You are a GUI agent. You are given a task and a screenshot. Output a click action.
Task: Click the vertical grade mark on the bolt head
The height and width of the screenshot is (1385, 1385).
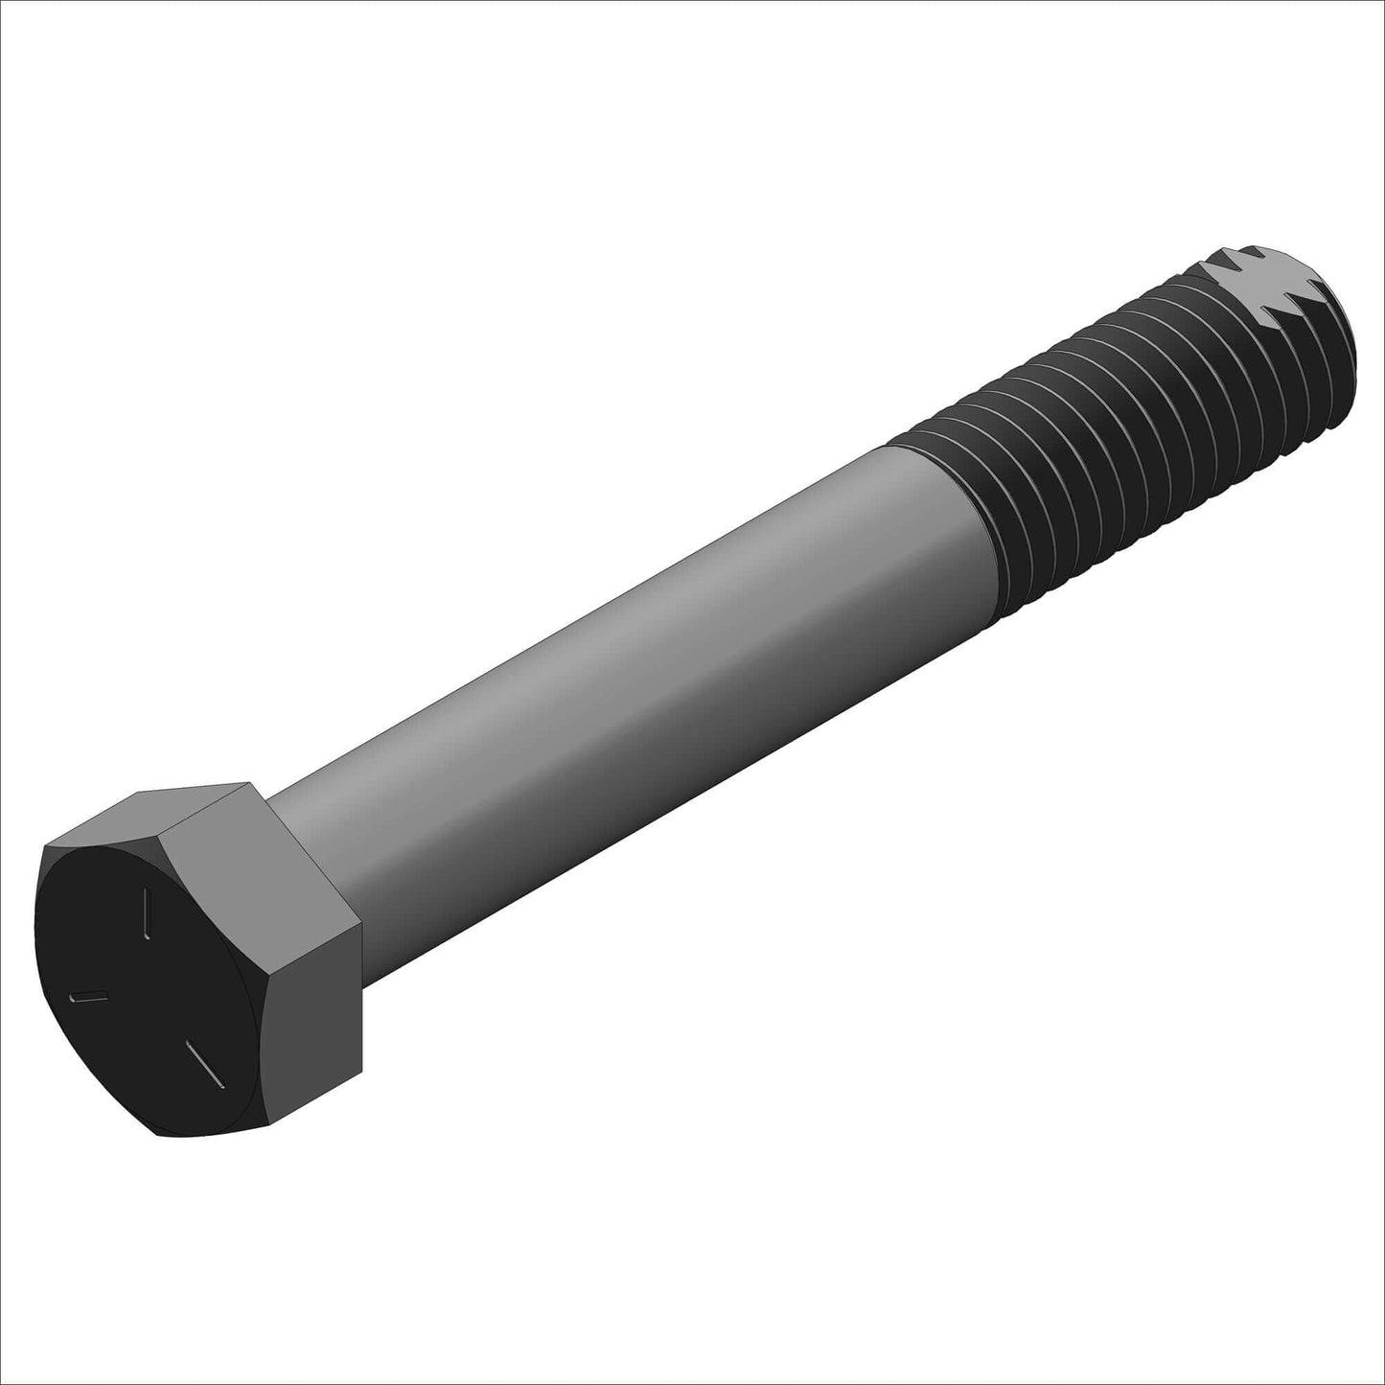click(x=147, y=912)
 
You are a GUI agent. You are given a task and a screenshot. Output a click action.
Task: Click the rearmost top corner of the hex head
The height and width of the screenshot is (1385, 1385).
click(x=255, y=783)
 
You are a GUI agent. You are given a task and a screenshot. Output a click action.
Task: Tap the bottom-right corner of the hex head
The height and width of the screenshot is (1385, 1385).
click(x=361, y=1072)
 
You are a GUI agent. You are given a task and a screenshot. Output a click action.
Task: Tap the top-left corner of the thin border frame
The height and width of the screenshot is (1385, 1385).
click(x=3, y=3)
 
